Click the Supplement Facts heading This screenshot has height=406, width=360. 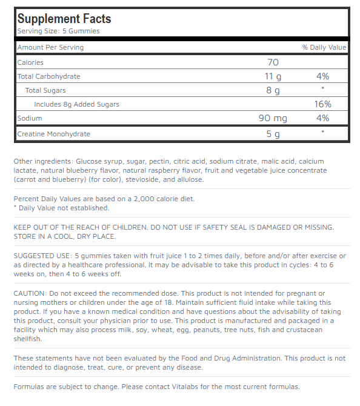pos(64,18)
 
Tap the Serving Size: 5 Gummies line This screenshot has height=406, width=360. pos(58,31)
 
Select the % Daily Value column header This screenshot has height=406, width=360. pos(324,47)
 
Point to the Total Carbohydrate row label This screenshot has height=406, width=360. pos(48,76)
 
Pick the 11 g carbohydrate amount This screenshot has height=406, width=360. pos(273,76)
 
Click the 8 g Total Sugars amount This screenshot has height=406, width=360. pos(273,90)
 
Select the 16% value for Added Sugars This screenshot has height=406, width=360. pos(322,104)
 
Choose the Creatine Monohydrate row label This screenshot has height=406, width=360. pos(53,134)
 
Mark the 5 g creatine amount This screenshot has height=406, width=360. pos(273,134)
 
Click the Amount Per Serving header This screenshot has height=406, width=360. pos(50,47)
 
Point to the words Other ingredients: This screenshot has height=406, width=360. pos(43,162)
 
